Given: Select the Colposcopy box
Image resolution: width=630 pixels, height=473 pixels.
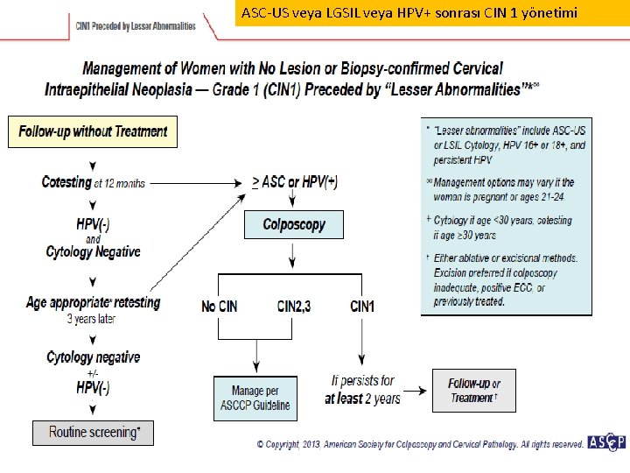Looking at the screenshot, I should tap(293, 225).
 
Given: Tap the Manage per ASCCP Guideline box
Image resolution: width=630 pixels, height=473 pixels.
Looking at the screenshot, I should tap(255, 398).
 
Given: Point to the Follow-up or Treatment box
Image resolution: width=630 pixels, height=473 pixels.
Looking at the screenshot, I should tap(473, 391).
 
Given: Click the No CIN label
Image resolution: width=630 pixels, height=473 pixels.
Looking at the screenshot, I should tap(220, 306).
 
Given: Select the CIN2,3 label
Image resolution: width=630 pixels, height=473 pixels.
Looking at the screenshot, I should tap(297, 306).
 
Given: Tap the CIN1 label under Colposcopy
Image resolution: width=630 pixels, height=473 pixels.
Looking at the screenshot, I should tap(362, 306).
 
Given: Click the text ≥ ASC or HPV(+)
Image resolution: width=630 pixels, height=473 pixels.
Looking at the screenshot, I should tap(294, 182).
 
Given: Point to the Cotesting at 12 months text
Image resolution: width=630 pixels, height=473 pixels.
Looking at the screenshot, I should tap(93, 182).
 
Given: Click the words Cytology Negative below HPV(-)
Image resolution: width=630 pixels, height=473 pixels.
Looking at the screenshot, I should tap(93, 252).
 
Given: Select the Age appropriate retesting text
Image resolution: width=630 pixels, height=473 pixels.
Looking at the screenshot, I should tap(93, 303).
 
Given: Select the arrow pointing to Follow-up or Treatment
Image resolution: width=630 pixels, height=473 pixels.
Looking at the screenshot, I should tap(417, 390).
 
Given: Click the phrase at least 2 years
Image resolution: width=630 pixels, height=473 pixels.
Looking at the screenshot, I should tap(362, 399).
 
